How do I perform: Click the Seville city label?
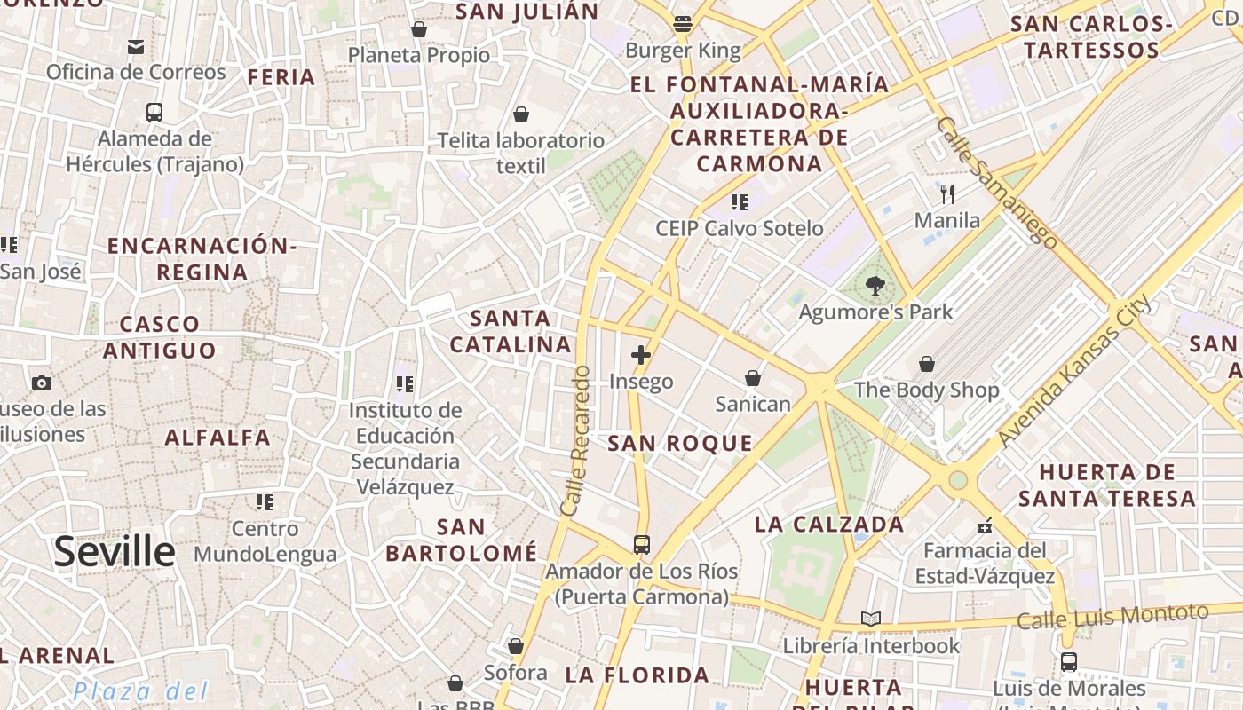115,551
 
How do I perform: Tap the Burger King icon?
682,24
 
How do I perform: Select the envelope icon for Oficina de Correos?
136,46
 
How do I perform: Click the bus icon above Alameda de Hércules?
154,113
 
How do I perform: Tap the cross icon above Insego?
640,356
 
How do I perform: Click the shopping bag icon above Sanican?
753,379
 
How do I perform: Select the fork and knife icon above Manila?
947,194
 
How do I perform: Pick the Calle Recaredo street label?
575,441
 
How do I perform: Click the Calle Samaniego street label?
996,182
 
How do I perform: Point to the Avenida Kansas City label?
1074,370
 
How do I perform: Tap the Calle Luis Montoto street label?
1112,616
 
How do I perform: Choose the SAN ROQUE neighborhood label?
680,444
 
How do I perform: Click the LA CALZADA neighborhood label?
829,525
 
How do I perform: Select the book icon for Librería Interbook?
871,619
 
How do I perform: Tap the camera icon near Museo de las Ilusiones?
41,383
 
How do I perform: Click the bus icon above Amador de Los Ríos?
641,545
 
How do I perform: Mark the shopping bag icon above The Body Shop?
926,364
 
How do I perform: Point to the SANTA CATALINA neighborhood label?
510,331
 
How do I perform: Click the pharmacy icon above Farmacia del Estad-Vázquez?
984,525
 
